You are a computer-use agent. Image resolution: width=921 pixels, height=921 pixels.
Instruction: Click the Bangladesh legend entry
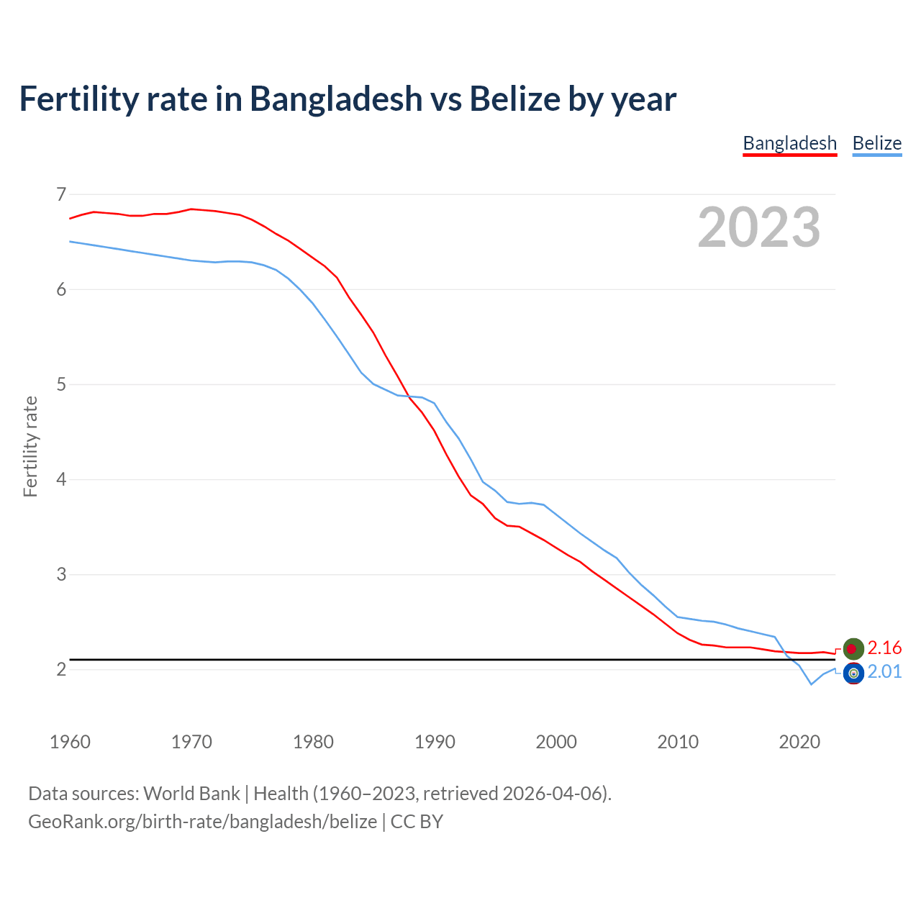tap(789, 143)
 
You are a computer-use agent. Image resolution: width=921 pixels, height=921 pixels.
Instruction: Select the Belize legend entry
tap(876, 143)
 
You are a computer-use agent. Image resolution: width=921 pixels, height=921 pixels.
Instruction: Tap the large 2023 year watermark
tap(758, 227)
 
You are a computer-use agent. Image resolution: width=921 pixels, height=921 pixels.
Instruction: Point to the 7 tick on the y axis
tap(60, 194)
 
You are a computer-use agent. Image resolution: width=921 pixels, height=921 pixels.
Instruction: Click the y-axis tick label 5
tap(60, 384)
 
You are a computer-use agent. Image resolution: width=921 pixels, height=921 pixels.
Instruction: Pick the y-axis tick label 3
tap(60, 574)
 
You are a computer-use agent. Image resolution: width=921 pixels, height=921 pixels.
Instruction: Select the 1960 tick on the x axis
tap(70, 742)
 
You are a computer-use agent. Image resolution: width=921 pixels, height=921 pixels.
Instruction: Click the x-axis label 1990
tap(435, 742)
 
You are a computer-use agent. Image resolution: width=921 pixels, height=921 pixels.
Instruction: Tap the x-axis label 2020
tap(799, 742)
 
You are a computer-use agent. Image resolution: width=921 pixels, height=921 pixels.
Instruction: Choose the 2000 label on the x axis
tap(556, 742)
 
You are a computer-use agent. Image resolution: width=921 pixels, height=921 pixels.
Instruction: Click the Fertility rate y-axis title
tap(30, 446)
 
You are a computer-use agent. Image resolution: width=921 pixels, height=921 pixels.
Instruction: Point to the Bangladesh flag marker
tap(853, 648)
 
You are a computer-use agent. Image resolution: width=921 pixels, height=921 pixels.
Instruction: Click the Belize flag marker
tap(853, 673)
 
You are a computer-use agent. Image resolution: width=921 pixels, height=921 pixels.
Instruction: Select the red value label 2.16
tap(884, 648)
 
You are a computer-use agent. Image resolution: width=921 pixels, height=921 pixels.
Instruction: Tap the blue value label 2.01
tap(884, 672)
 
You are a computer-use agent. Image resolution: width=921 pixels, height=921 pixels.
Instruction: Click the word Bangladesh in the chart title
tap(336, 99)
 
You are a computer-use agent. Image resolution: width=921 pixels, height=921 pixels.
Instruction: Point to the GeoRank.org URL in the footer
tap(202, 822)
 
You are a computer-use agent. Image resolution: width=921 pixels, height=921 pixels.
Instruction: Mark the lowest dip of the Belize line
tap(811, 684)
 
